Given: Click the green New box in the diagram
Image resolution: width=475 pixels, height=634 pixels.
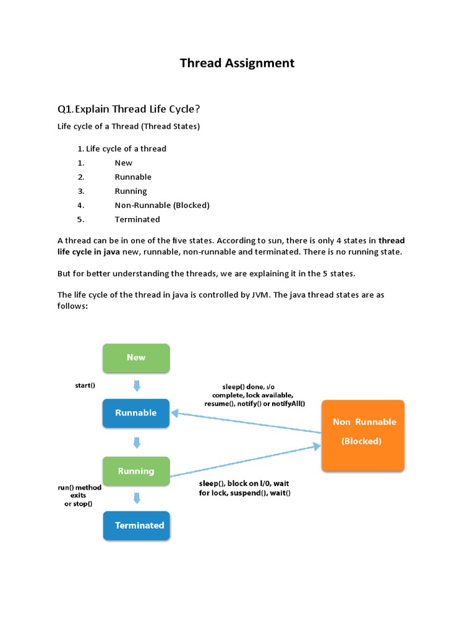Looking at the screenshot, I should (136, 357).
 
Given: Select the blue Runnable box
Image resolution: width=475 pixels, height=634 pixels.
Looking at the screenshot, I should (136, 413).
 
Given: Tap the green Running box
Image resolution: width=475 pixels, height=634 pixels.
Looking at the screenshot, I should (136, 471).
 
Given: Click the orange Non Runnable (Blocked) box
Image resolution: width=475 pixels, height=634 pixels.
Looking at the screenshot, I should (363, 435).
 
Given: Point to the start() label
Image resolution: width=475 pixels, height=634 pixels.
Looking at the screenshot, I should (85, 385).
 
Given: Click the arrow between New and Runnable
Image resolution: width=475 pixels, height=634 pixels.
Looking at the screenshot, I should (137, 385).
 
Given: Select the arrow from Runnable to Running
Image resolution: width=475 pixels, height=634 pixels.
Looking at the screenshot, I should (137, 442).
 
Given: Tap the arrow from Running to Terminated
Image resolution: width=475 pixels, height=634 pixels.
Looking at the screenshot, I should (137, 498).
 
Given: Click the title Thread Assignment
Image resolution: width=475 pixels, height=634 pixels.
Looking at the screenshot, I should (237, 63).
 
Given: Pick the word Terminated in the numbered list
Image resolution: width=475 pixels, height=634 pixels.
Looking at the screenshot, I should (137, 219).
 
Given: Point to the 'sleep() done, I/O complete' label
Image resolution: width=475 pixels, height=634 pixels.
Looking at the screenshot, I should (249, 395).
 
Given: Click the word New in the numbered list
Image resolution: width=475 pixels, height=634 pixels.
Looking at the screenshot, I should (124, 163).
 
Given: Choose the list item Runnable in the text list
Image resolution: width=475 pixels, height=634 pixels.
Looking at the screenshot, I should (133, 177).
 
